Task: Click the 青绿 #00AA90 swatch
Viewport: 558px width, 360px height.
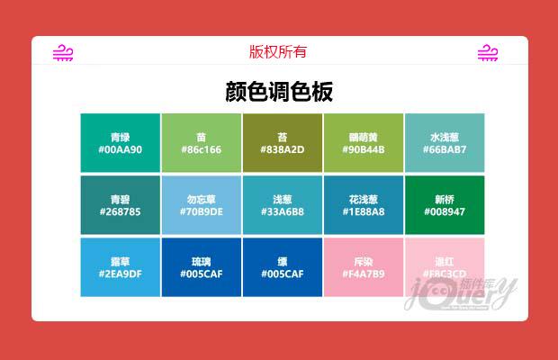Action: tap(120, 142)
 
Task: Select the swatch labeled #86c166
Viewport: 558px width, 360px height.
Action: tap(201, 142)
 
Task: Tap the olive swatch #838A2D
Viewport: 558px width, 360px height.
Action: tap(282, 142)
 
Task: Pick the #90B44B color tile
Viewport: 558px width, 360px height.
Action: tap(363, 142)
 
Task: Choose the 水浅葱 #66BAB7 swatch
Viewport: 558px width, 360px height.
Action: tap(444, 142)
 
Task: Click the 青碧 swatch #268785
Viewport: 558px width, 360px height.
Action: tap(120, 204)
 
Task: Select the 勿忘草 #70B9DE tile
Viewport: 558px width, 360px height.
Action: tap(201, 204)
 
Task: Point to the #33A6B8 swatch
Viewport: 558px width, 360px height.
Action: tap(282, 204)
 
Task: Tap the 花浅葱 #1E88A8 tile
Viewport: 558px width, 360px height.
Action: tap(363, 204)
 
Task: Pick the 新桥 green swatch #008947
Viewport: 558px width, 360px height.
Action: tap(444, 204)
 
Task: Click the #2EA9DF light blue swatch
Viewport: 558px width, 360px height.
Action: tap(120, 266)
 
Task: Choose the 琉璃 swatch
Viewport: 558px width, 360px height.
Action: tap(201, 266)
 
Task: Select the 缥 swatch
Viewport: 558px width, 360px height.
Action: tap(282, 266)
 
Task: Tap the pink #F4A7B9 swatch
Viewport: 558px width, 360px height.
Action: tap(363, 266)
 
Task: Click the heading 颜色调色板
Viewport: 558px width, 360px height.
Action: tap(279, 93)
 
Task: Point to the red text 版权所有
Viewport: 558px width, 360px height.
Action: tap(278, 52)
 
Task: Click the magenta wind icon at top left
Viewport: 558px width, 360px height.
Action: tap(63, 53)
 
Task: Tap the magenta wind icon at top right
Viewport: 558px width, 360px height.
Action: tap(488, 53)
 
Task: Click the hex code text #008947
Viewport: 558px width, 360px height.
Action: tap(444, 211)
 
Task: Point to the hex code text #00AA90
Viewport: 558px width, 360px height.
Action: tap(120, 149)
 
